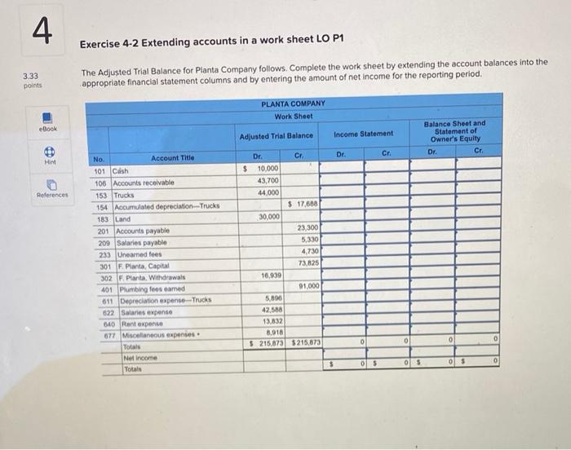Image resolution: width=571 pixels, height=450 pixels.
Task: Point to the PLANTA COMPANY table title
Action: click(293, 104)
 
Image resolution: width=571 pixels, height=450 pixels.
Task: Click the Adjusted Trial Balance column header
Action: click(277, 135)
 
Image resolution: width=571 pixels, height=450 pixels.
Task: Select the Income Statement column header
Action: click(364, 134)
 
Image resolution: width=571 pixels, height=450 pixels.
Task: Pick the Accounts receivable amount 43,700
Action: click(268, 180)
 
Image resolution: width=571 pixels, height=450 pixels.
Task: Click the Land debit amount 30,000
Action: click(268, 217)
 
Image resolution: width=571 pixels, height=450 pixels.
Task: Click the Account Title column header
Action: click(172, 158)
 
